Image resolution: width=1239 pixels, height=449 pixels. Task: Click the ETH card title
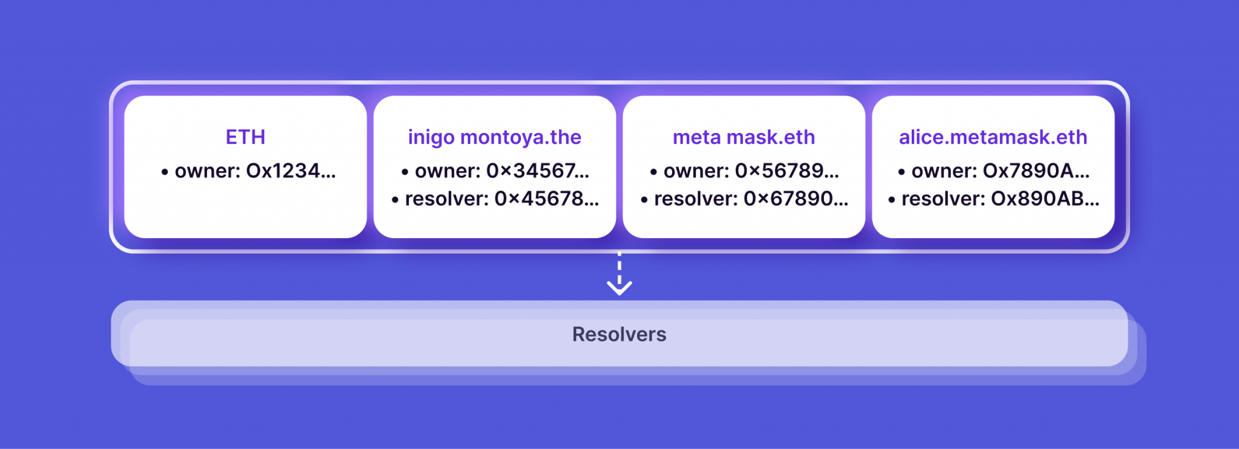(x=245, y=137)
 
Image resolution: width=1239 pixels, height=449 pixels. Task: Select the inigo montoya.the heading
(x=494, y=137)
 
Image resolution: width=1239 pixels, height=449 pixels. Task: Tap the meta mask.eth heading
(x=744, y=137)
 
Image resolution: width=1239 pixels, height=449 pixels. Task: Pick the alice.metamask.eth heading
(x=993, y=137)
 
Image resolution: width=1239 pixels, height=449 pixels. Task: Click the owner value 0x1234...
(x=291, y=171)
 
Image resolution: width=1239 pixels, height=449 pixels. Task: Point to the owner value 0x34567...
(x=537, y=171)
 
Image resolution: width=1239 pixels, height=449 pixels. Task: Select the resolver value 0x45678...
(x=546, y=199)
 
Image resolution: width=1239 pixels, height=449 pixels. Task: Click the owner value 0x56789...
(x=786, y=171)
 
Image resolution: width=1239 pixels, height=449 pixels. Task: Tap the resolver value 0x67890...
(x=796, y=199)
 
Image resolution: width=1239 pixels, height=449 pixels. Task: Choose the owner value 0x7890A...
(x=1036, y=171)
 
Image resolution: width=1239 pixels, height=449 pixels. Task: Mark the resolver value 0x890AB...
(x=1045, y=199)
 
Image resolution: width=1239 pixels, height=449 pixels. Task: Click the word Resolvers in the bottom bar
(x=619, y=334)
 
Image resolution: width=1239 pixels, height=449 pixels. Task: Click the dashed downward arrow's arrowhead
(x=619, y=288)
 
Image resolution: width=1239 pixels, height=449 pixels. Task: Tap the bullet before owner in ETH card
(x=165, y=172)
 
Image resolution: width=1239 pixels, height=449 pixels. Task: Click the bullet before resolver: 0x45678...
(x=395, y=200)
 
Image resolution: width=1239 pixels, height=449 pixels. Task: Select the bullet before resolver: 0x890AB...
(x=892, y=200)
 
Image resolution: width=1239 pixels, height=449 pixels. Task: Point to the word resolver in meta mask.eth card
(x=695, y=199)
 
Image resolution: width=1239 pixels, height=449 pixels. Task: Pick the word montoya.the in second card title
(x=520, y=137)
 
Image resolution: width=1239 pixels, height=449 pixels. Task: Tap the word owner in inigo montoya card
(x=446, y=171)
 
